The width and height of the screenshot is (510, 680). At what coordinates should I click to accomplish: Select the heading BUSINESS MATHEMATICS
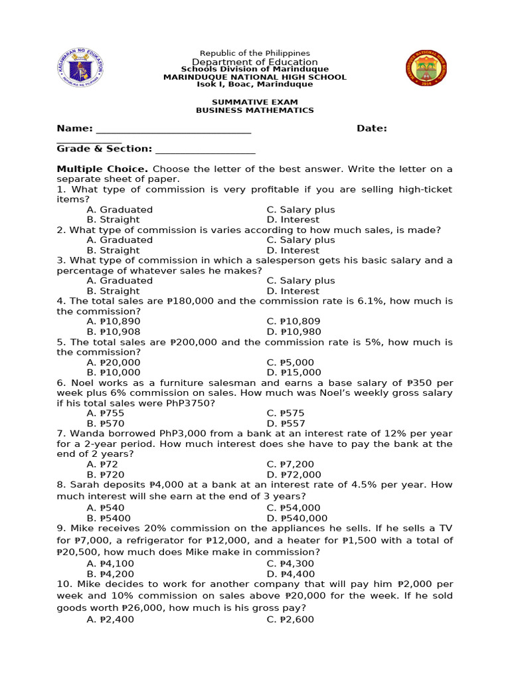pos(255,110)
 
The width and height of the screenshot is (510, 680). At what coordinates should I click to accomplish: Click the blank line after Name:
pos(174,129)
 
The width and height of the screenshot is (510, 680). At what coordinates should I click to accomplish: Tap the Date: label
pos(371,128)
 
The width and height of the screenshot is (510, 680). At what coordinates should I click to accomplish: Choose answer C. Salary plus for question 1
pos(300,209)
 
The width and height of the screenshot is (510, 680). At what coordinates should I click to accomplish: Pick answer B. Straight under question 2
pos(113,250)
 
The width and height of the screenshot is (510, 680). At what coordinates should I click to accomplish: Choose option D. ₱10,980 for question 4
pos(294,331)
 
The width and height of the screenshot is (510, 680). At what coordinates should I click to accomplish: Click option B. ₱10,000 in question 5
pos(114,373)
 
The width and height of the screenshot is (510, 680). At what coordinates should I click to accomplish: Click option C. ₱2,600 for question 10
pos(290,619)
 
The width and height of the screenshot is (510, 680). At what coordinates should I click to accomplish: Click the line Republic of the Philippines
pos(255,53)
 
